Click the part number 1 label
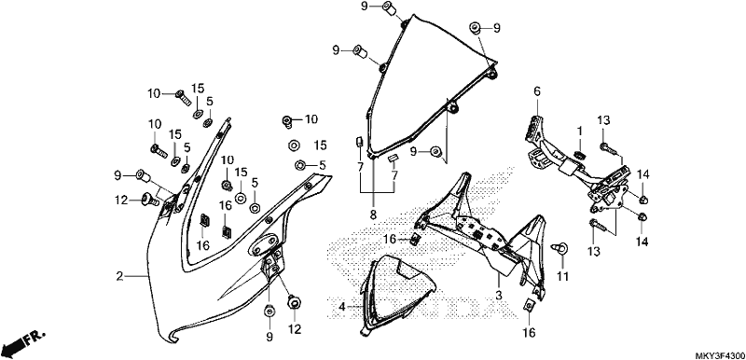(580, 131)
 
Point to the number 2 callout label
(120, 276)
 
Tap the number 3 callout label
(499, 296)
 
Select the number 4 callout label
(341, 307)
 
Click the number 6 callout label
(537, 90)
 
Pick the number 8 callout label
(373, 215)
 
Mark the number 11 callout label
(563, 276)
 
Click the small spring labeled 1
(580, 155)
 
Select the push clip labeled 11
(560, 248)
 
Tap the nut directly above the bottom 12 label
(293, 301)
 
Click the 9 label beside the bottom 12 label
(269, 337)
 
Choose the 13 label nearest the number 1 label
(603, 121)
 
